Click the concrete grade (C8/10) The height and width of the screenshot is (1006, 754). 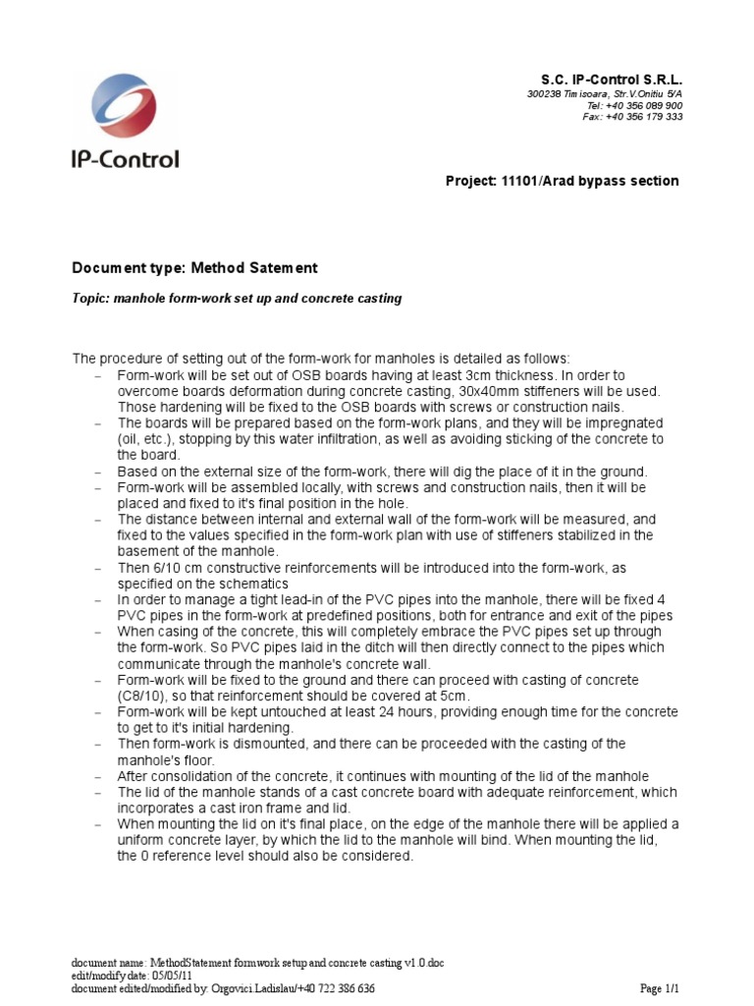pyautogui.click(x=143, y=696)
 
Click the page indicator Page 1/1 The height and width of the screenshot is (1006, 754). pyautogui.click(x=666, y=989)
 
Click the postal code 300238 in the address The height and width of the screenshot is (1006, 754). pyautogui.click(x=545, y=93)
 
